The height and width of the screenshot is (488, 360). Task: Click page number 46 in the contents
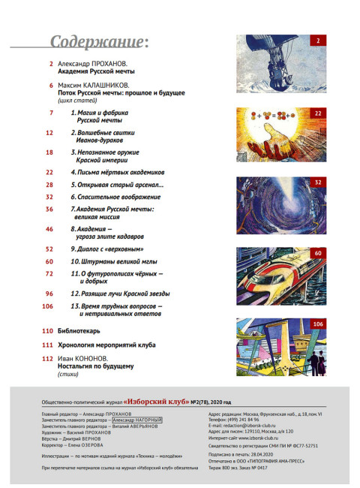[50, 229]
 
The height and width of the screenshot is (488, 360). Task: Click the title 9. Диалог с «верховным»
[106, 249]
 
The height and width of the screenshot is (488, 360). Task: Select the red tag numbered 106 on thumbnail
[317, 324]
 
